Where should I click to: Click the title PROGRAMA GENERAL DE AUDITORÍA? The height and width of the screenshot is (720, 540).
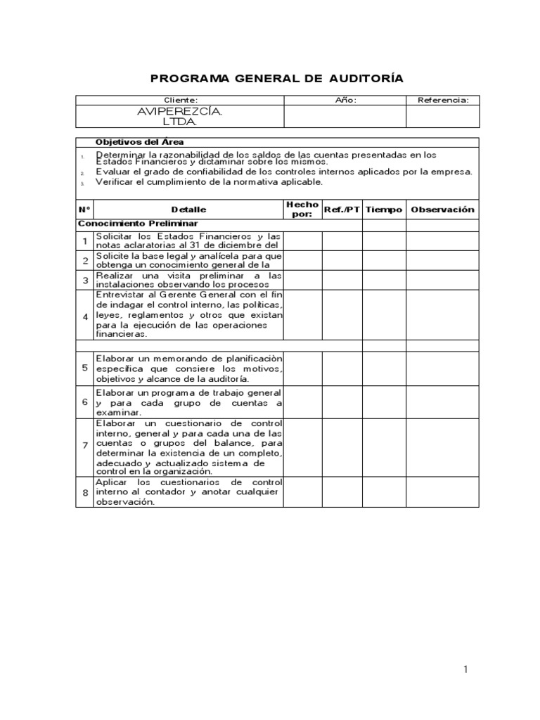coord(278,78)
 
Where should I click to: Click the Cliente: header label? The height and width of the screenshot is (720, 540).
coord(180,101)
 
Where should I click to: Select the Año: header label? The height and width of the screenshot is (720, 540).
coord(346,101)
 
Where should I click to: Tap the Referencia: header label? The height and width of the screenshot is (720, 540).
coord(443,101)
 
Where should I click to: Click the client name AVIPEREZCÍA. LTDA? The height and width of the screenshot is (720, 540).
coord(180,117)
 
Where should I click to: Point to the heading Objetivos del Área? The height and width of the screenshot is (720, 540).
coord(139,142)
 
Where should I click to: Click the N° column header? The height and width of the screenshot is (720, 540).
coord(84,210)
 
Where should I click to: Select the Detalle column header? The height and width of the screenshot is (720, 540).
coord(188,210)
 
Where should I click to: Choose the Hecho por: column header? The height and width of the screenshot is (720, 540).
coord(302,209)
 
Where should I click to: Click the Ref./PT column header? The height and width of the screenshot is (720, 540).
coord(342,210)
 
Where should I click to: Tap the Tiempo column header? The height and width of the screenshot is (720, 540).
coord(384,210)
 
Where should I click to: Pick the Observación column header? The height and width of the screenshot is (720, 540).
coord(442,210)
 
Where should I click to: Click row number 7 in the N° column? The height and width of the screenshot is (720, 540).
coord(84,446)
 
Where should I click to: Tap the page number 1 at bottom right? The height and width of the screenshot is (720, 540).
coord(465,669)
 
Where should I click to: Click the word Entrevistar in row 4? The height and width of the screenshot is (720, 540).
coord(117,295)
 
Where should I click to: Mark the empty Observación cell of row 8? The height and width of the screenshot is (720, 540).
coord(442,494)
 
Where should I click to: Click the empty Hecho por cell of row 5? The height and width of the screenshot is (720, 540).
coord(302,368)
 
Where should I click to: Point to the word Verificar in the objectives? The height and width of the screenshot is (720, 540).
coord(114,182)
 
